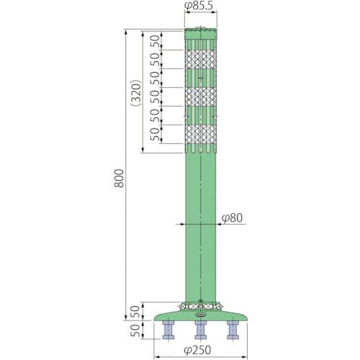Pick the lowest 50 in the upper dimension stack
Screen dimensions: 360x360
[x=154, y=132]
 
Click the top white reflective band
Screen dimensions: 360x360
[x=202, y=59]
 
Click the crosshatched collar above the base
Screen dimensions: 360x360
[x=202, y=305]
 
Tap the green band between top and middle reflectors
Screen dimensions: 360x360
[x=202, y=78]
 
